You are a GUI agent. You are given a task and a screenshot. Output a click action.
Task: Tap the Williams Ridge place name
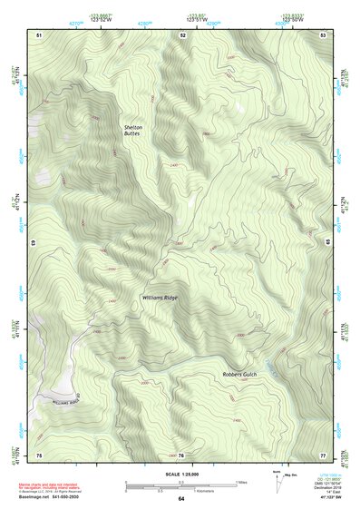[x=160, y=297]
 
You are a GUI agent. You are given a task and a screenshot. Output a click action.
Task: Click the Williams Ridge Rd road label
[x=67, y=400]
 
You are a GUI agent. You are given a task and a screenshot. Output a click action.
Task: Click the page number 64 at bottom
[x=180, y=498]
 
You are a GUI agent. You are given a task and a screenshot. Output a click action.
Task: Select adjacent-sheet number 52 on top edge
[x=182, y=34]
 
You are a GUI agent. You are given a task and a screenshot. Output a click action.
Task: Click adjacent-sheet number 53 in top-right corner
[x=323, y=34]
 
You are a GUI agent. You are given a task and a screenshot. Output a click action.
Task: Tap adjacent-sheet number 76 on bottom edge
[x=180, y=454]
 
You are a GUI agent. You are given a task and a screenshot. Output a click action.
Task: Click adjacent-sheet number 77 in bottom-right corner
[x=323, y=454]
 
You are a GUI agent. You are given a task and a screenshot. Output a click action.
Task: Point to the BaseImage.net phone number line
[x=53, y=497]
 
